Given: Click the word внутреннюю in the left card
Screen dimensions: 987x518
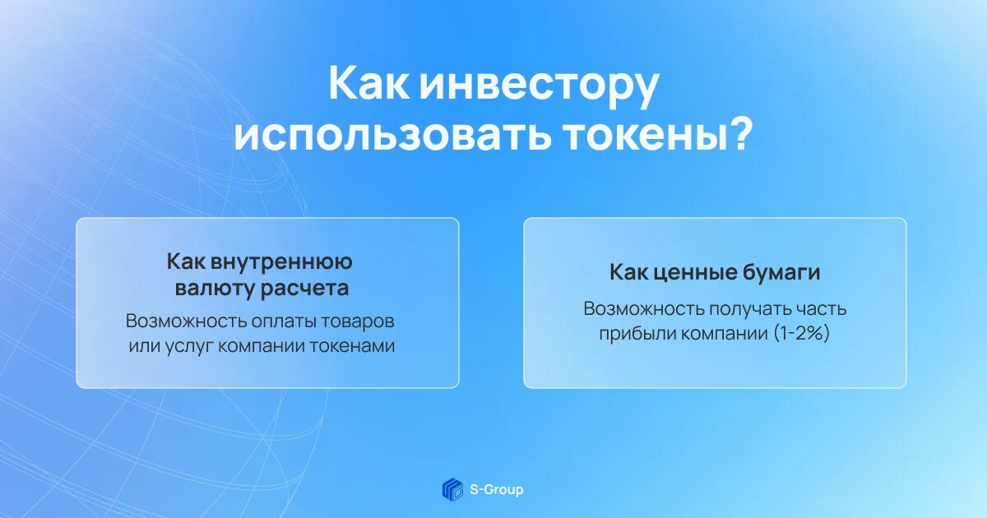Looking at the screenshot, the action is click(x=281, y=261).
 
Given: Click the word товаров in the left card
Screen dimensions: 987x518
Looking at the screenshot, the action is click(x=357, y=321).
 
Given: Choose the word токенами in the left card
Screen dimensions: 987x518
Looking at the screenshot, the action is click(x=351, y=346).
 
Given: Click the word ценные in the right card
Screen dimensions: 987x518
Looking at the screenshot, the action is click(x=693, y=273).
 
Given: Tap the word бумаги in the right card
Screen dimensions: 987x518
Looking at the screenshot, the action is click(x=781, y=273).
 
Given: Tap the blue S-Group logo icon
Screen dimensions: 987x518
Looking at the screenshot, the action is click(x=453, y=489).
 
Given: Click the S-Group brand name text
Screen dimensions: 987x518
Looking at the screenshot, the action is click(x=496, y=490).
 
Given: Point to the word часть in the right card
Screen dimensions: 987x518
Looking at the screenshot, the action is click(x=821, y=310).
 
